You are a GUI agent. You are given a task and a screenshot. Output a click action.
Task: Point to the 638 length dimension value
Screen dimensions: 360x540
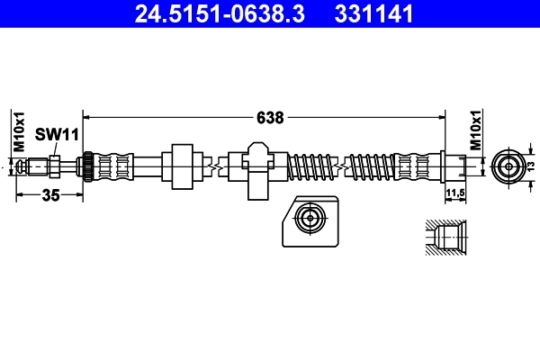click(270, 117)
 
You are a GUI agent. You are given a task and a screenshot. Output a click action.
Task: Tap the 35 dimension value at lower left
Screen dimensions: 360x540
click(50, 197)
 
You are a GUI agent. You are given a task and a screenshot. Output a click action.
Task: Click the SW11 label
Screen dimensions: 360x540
click(58, 134)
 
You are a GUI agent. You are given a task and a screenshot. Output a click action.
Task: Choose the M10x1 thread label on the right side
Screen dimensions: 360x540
click(476, 132)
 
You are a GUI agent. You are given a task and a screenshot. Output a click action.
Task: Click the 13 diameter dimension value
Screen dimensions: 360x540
click(531, 167)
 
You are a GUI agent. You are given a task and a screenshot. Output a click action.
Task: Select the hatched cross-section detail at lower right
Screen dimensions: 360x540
click(444, 240)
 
